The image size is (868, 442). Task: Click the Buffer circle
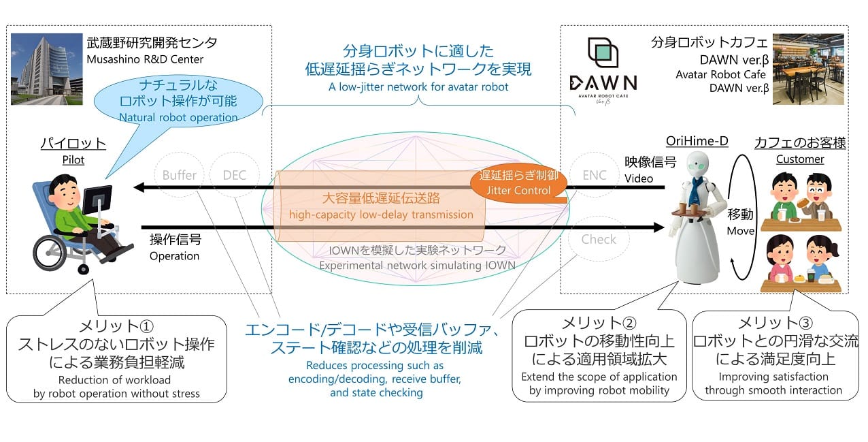[x=179, y=174]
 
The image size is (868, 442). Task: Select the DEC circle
[x=235, y=174]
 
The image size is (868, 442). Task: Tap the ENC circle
[x=595, y=174]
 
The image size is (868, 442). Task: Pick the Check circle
[x=599, y=239]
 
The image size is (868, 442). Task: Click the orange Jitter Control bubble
[x=518, y=183]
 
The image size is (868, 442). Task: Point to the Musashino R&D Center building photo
[x=46, y=69]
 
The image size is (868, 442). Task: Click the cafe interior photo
[x=808, y=69]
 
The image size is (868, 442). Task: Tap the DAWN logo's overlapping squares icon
[x=603, y=52]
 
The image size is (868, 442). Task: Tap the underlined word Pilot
[x=73, y=160]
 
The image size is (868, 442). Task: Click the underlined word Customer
[x=800, y=159]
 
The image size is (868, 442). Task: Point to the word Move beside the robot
[x=741, y=231]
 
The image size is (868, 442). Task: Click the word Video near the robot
[x=639, y=178]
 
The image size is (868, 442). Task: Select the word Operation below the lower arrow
[x=174, y=256]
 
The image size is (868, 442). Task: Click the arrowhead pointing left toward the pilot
[x=139, y=187]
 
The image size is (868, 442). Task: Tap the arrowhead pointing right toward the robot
[x=659, y=227]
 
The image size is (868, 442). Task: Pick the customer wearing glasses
[x=817, y=196]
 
